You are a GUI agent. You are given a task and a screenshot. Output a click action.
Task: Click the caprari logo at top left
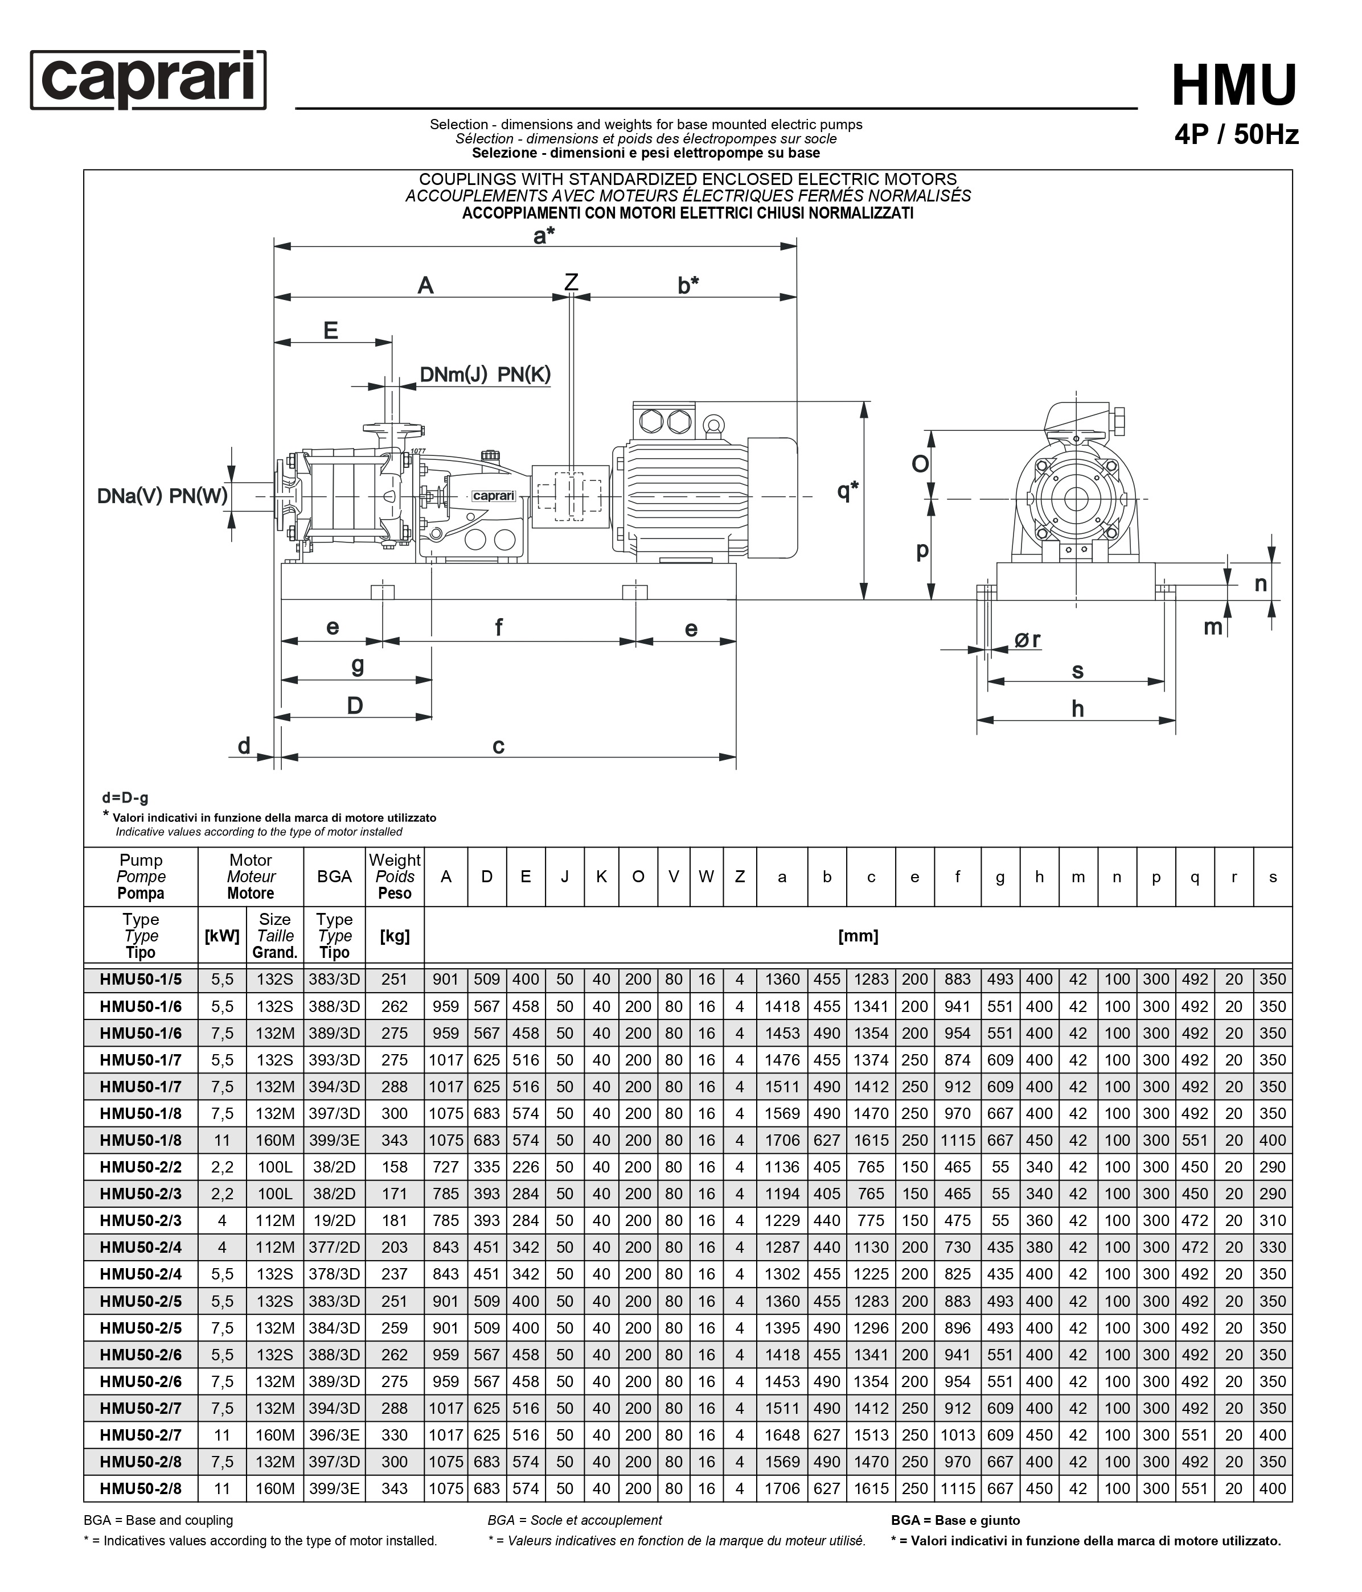[x=149, y=80]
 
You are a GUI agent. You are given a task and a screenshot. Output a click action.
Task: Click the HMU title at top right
[x=1234, y=86]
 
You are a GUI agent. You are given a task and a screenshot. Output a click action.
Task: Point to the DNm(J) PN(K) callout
[x=485, y=375]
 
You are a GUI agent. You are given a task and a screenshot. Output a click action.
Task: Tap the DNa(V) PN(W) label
[x=162, y=496]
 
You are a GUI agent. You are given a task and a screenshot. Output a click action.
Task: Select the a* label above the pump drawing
[x=544, y=236]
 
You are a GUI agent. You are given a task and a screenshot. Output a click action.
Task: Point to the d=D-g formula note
[x=125, y=797]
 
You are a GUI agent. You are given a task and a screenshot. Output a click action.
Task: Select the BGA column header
[x=334, y=877]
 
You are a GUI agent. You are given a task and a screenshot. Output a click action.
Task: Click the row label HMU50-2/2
[x=141, y=1167]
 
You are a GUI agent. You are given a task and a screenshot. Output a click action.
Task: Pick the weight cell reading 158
[x=394, y=1167]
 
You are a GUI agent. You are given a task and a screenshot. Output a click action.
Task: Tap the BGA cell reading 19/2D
[x=334, y=1221]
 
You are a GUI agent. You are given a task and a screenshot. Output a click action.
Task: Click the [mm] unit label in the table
[x=858, y=936]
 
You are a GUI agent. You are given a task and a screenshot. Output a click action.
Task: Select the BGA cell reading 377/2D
[x=334, y=1248]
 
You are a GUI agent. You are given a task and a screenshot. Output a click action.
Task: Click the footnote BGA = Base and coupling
[x=158, y=1520]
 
